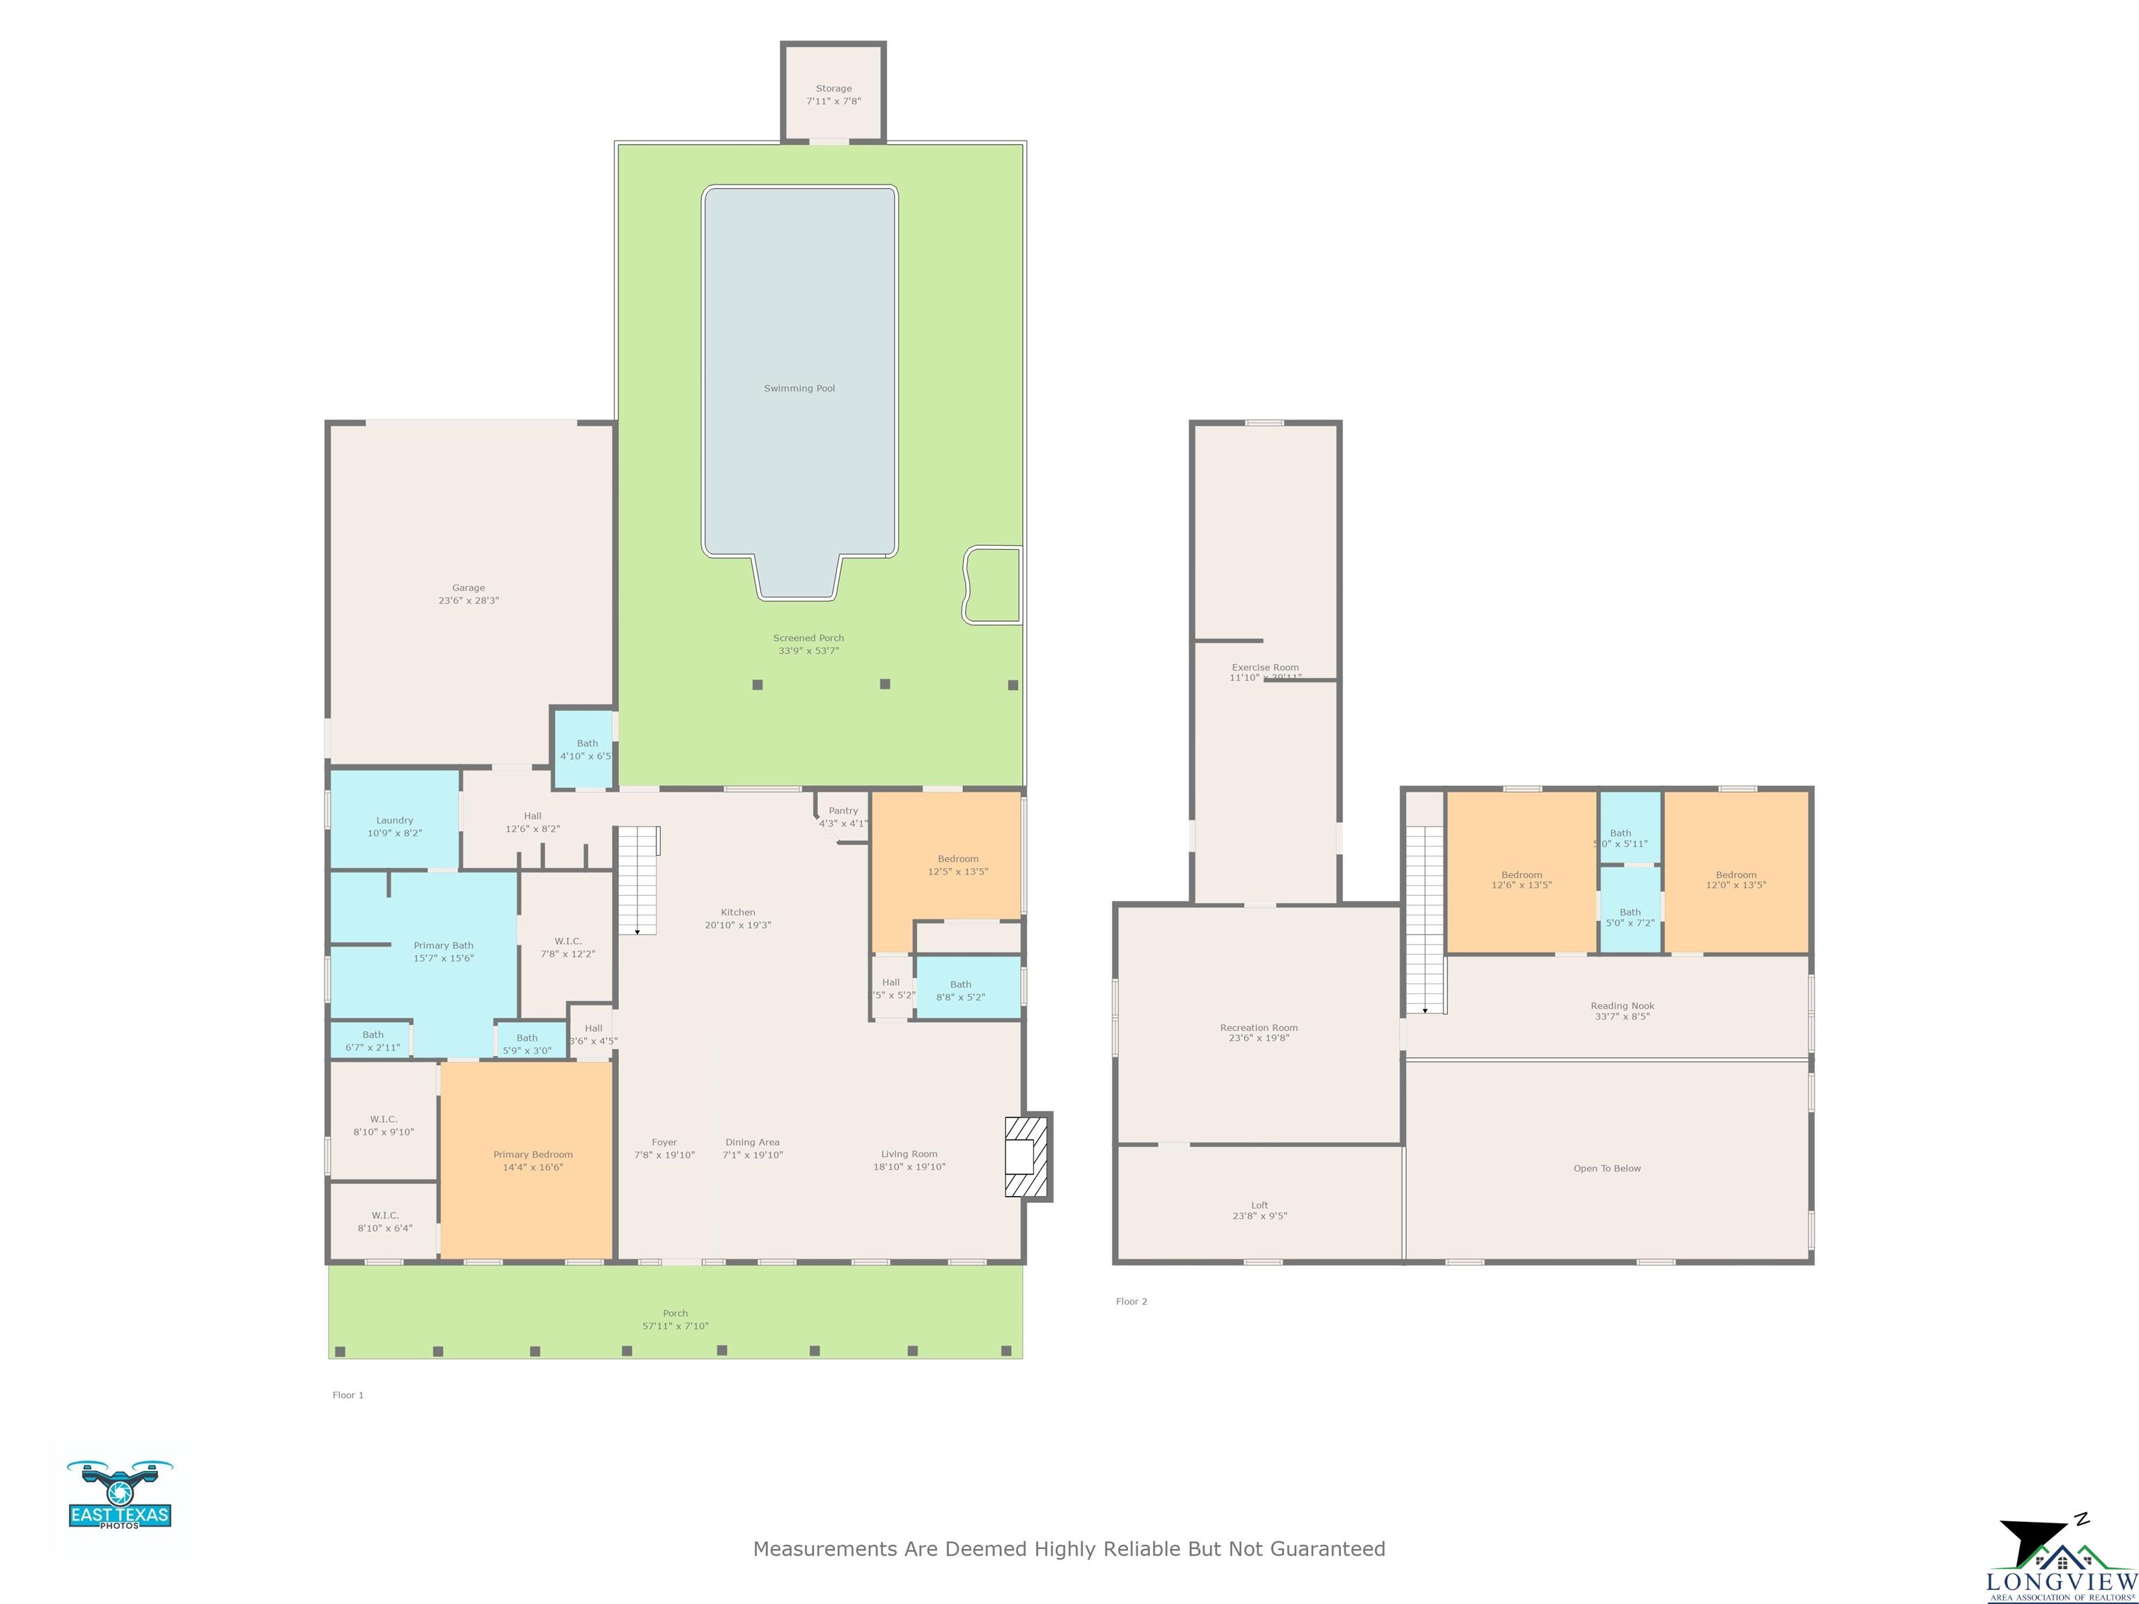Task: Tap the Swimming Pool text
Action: coord(799,388)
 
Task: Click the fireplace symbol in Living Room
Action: coord(1025,1156)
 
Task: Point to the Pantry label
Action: coord(843,811)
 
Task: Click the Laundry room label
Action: coord(395,820)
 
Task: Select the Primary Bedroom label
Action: coord(533,1154)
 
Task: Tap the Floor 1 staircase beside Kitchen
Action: coord(637,880)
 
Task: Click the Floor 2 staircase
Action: coord(1425,918)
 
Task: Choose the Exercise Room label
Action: coord(1265,667)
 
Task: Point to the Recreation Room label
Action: coord(1258,1028)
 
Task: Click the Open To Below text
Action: coord(1606,1168)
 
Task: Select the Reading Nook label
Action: coord(1622,1005)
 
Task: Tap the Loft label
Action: coord(1259,1204)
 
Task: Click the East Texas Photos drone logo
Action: coord(120,1495)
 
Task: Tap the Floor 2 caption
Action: coord(1131,1301)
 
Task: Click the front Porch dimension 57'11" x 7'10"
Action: coord(675,1326)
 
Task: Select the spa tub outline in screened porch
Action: coord(992,585)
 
